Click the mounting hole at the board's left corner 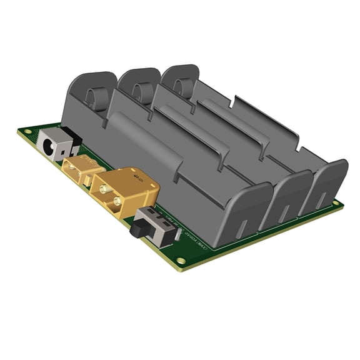(x=27, y=129)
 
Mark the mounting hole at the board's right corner (x=337, y=203)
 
